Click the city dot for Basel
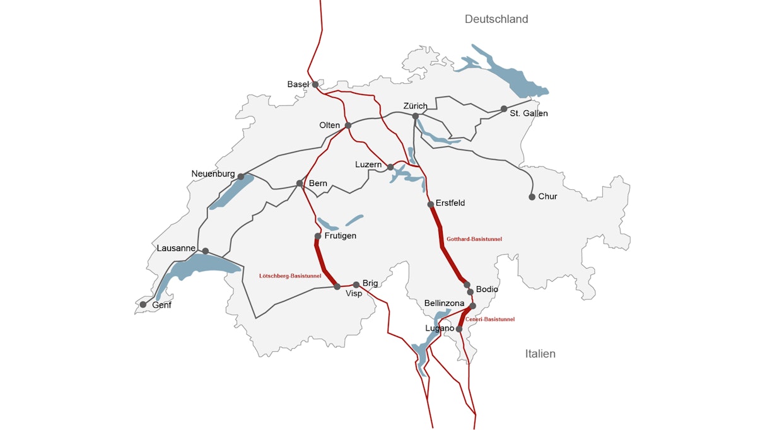(315, 84)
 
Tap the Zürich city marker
(416, 117)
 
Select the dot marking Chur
(532, 197)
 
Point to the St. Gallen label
(530, 113)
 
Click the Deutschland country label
(496, 20)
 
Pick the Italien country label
(540, 354)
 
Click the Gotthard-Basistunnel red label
(474, 240)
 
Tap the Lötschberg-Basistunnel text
(290, 276)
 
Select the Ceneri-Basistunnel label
(490, 320)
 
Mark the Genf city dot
(143, 305)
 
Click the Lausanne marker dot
(206, 251)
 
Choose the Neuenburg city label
(213, 174)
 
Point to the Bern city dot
(300, 183)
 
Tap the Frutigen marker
(318, 236)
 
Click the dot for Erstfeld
(431, 204)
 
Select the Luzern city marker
(390, 167)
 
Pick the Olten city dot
(347, 125)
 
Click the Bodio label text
(488, 289)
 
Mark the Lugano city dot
(459, 329)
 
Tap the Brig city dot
(356, 284)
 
